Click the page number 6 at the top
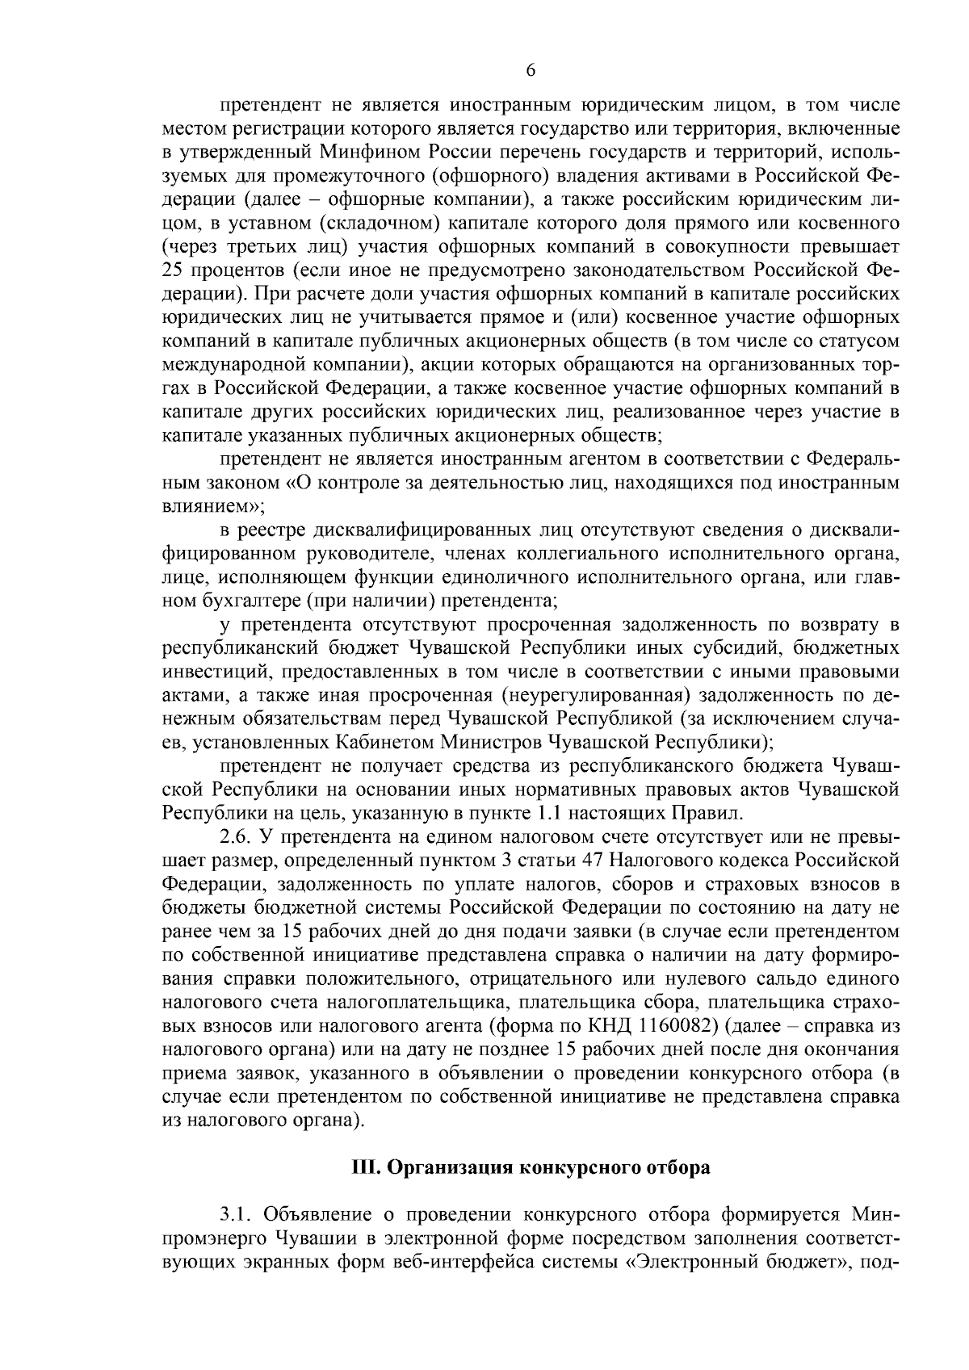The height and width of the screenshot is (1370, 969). pyautogui.click(x=531, y=70)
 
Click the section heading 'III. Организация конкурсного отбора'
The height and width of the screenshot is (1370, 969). pyautogui.click(x=531, y=1168)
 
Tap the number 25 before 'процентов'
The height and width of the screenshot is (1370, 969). pyautogui.click(x=176, y=267)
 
